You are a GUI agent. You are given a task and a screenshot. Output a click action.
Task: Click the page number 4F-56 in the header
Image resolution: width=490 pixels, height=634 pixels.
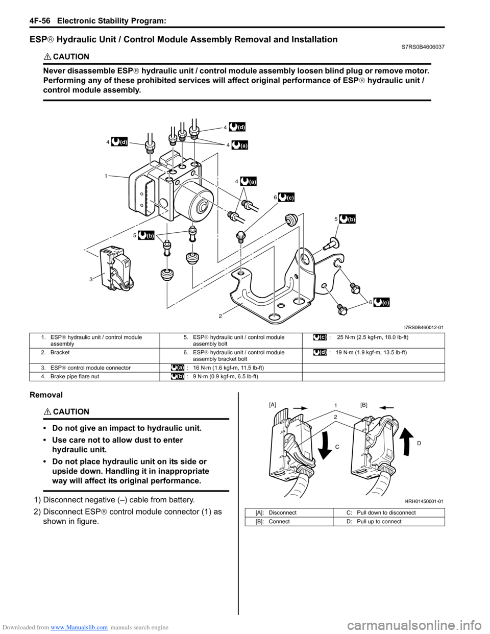pyautogui.click(x=28, y=20)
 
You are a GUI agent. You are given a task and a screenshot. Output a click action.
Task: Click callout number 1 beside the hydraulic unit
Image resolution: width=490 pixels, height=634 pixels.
pyautogui.click(x=106, y=176)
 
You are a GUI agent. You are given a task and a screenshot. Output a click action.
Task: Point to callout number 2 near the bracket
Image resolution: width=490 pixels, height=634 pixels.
pyautogui.click(x=220, y=316)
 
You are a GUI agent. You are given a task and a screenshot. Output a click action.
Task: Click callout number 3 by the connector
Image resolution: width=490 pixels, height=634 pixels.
pyautogui.click(x=91, y=279)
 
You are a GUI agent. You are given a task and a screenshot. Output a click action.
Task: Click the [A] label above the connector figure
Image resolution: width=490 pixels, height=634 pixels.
pyautogui.click(x=273, y=404)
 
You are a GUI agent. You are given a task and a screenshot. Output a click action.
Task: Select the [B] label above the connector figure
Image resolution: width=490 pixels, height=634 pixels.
pyautogui.click(x=363, y=404)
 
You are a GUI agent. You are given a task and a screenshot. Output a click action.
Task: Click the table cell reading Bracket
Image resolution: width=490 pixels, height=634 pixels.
pyautogui.click(x=60, y=353)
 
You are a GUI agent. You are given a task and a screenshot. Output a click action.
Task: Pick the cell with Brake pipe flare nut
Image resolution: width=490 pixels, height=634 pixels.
pyautogui.click(x=75, y=377)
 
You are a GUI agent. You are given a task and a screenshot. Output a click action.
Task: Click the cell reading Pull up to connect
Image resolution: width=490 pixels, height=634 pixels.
pyautogui.click(x=379, y=522)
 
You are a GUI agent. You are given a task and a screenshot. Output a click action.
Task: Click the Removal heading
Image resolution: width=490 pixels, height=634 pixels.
pyautogui.click(x=46, y=395)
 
